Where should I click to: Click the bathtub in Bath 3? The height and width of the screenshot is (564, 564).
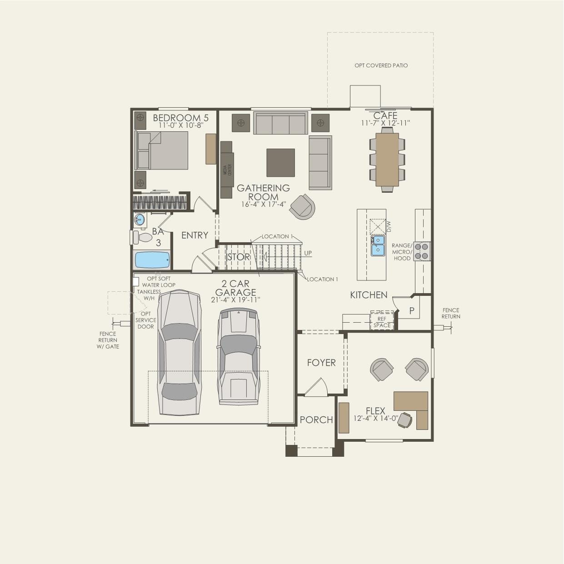click(152, 260)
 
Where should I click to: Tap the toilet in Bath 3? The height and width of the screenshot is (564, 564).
click(143, 237)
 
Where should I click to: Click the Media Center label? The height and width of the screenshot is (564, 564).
click(227, 170)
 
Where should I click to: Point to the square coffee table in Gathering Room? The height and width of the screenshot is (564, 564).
click(280, 162)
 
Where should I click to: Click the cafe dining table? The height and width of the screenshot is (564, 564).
click(387, 160)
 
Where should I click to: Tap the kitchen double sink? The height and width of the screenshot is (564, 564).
click(378, 245)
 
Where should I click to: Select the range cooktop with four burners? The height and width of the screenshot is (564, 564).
click(422, 251)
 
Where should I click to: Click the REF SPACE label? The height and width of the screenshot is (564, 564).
click(382, 322)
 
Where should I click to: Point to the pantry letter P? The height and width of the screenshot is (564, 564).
click(412, 311)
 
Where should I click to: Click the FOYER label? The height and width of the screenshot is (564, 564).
click(321, 363)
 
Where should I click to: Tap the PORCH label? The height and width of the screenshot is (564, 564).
click(316, 420)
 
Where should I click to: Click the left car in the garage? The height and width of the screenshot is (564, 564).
click(180, 353)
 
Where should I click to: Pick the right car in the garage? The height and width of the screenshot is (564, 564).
click(239, 357)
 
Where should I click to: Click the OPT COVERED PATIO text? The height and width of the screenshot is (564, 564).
click(381, 65)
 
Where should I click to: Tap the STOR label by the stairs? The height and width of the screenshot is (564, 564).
click(239, 257)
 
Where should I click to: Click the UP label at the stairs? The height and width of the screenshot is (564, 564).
click(308, 253)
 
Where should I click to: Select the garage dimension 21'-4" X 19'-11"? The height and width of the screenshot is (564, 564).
click(235, 300)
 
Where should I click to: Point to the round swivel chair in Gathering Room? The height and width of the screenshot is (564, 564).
click(302, 207)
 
